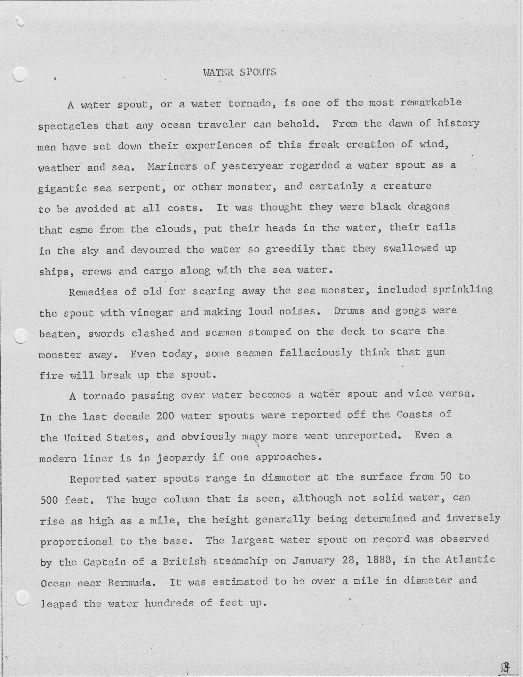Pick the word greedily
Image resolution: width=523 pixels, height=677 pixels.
[290, 249]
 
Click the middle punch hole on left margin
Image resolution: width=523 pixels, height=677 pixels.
[21, 336]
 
